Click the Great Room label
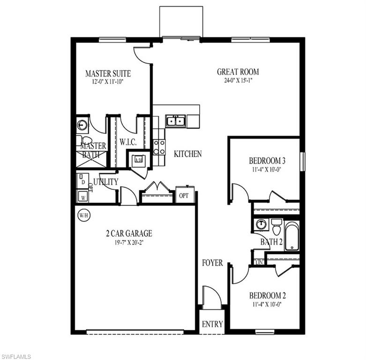point(238,72)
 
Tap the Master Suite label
point(108,74)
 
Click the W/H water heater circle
point(83,216)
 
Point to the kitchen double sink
point(176,121)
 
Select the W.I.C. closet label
point(127,142)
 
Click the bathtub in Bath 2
point(292,235)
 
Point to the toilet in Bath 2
point(276,227)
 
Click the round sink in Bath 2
point(261,225)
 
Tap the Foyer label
point(212,263)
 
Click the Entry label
point(212,324)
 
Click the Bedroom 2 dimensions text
point(268,304)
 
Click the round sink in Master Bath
point(83,125)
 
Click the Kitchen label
point(188,154)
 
